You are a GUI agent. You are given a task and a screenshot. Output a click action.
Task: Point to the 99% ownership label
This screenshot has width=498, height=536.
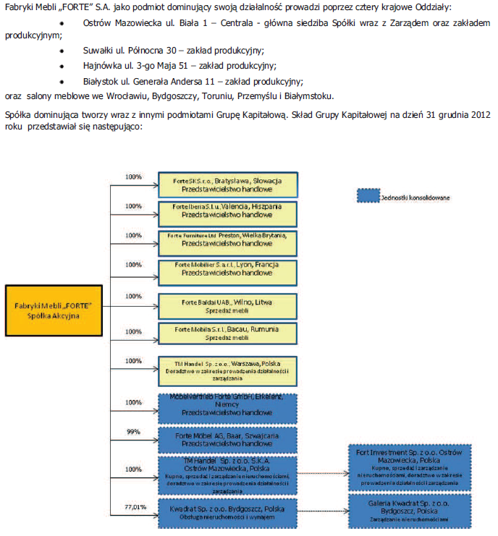[x=132, y=431]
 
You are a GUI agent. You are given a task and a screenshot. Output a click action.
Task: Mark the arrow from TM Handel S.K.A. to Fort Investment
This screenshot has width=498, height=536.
[x=323, y=475]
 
